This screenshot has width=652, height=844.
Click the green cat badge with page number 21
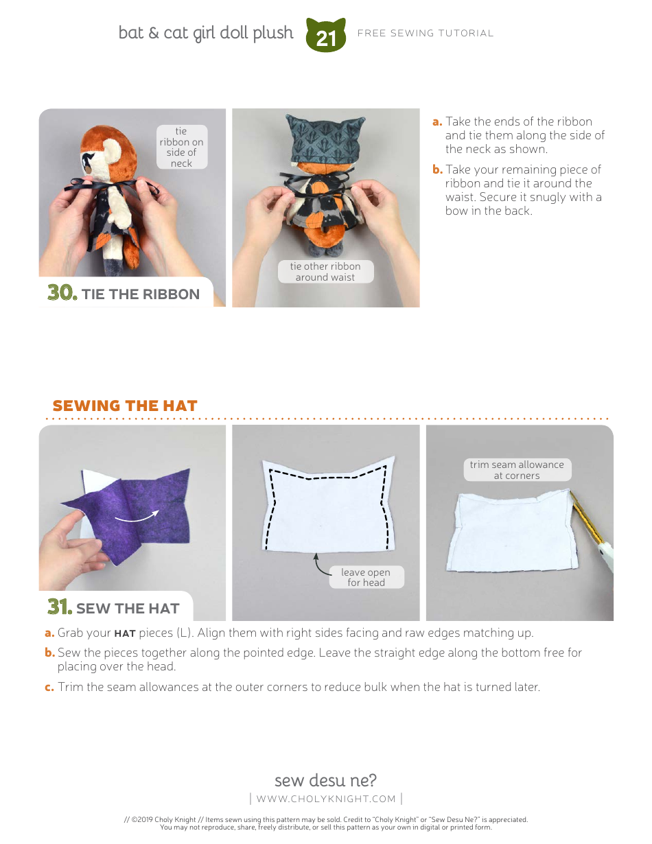[x=326, y=36]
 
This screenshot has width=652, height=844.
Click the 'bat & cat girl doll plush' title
[x=206, y=33]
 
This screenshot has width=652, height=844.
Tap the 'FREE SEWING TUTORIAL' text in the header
[x=426, y=33]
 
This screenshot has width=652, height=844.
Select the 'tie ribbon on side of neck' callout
[x=181, y=147]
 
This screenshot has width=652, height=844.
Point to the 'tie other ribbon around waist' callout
[x=325, y=272]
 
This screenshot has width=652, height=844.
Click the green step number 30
[x=62, y=293]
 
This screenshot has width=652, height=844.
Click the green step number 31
[x=60, y=607]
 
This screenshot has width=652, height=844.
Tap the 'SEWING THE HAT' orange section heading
[x=125, y=406]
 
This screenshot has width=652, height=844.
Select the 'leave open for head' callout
[x=365, y=577]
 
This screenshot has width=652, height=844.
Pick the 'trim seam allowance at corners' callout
[x=516, y=470]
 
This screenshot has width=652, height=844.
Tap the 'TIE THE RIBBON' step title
[x=140, y=294]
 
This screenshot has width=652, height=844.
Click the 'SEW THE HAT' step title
[x=128, y=609]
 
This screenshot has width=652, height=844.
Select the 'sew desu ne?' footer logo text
[x=325, y=780]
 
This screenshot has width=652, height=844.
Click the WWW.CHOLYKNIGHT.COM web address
[x=326, y=799]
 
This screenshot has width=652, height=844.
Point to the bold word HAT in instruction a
[x=124, y=633]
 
